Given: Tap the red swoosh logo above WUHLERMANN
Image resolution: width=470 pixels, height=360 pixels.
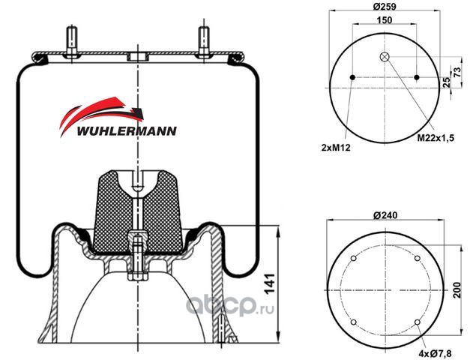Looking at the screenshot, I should pos(101,109).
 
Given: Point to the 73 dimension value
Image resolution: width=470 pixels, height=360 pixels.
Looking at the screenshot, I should pos(457,70).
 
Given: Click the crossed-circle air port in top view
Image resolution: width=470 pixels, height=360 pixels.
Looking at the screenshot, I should pos(385,58).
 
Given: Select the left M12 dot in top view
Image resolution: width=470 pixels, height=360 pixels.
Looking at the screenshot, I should pos(352,77).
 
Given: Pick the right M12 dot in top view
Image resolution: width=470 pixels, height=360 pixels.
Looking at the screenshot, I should pos(417,77).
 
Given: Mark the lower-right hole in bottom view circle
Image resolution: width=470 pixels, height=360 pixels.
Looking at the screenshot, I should pos(416,323).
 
